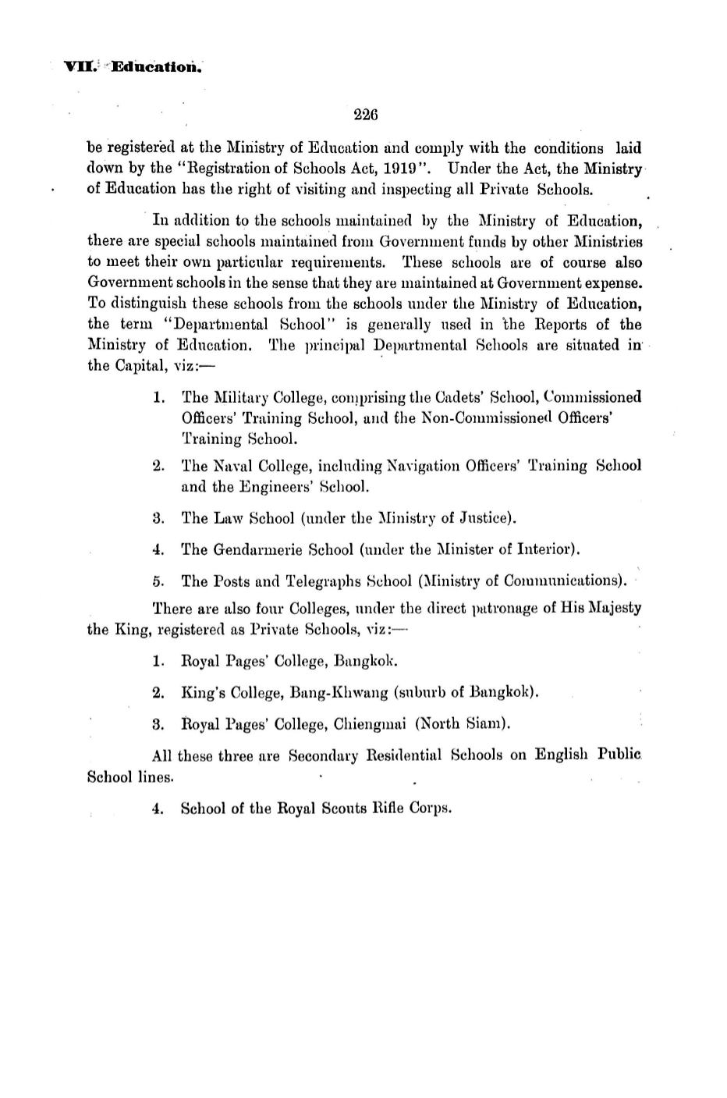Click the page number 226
pyautogui.click(x=365, y=115)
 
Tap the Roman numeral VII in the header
pyautogui.click(x=79, y=66)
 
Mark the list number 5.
pyautogui.click(x=158, y=581)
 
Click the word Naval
pyautogui.click(x=232, y=466)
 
